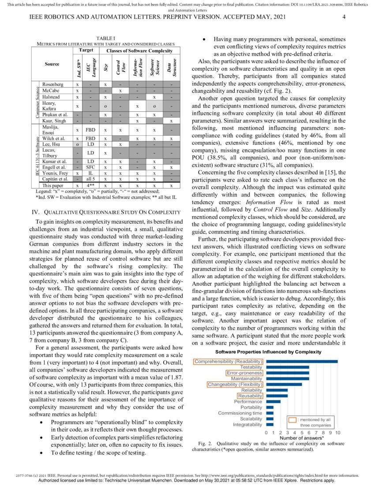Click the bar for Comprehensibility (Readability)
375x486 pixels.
coord(302,361)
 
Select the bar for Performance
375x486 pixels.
coord(274,402)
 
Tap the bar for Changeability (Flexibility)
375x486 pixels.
coord(285,384)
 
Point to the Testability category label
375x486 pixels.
coord(251,367)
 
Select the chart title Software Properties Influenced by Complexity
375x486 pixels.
coord(268,352)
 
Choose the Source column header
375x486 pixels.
coord(52,64)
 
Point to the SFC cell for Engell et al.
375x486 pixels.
coord(90,167)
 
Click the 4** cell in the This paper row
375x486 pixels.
coord(90,186)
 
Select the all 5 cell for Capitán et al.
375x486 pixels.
coord(90,179)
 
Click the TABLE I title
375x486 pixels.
coord(105,39)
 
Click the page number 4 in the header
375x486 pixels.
coord(344,17)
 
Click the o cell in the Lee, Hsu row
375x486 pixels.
coord(78,144)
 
